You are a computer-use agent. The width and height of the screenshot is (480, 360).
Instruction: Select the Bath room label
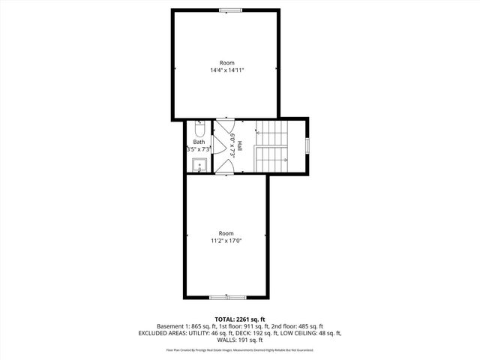coord(199,142)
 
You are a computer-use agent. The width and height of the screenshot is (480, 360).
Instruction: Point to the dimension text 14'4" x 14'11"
coord(227,70)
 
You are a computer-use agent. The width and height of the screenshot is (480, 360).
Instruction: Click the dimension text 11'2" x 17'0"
coord(226,241)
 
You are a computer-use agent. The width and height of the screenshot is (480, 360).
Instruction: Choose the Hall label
coord(240,146)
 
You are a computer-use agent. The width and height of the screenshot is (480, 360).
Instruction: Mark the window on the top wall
coord(231,10)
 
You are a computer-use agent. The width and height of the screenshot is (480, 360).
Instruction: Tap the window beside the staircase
coord(307,145)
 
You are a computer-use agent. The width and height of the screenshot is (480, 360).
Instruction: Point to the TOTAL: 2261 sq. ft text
coord(240,319)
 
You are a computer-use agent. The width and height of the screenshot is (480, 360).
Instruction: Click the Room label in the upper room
coord(226,62)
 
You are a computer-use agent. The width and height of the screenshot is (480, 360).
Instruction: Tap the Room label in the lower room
coord(226,232)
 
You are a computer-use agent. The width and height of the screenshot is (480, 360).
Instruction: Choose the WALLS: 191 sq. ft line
coord(240,340)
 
